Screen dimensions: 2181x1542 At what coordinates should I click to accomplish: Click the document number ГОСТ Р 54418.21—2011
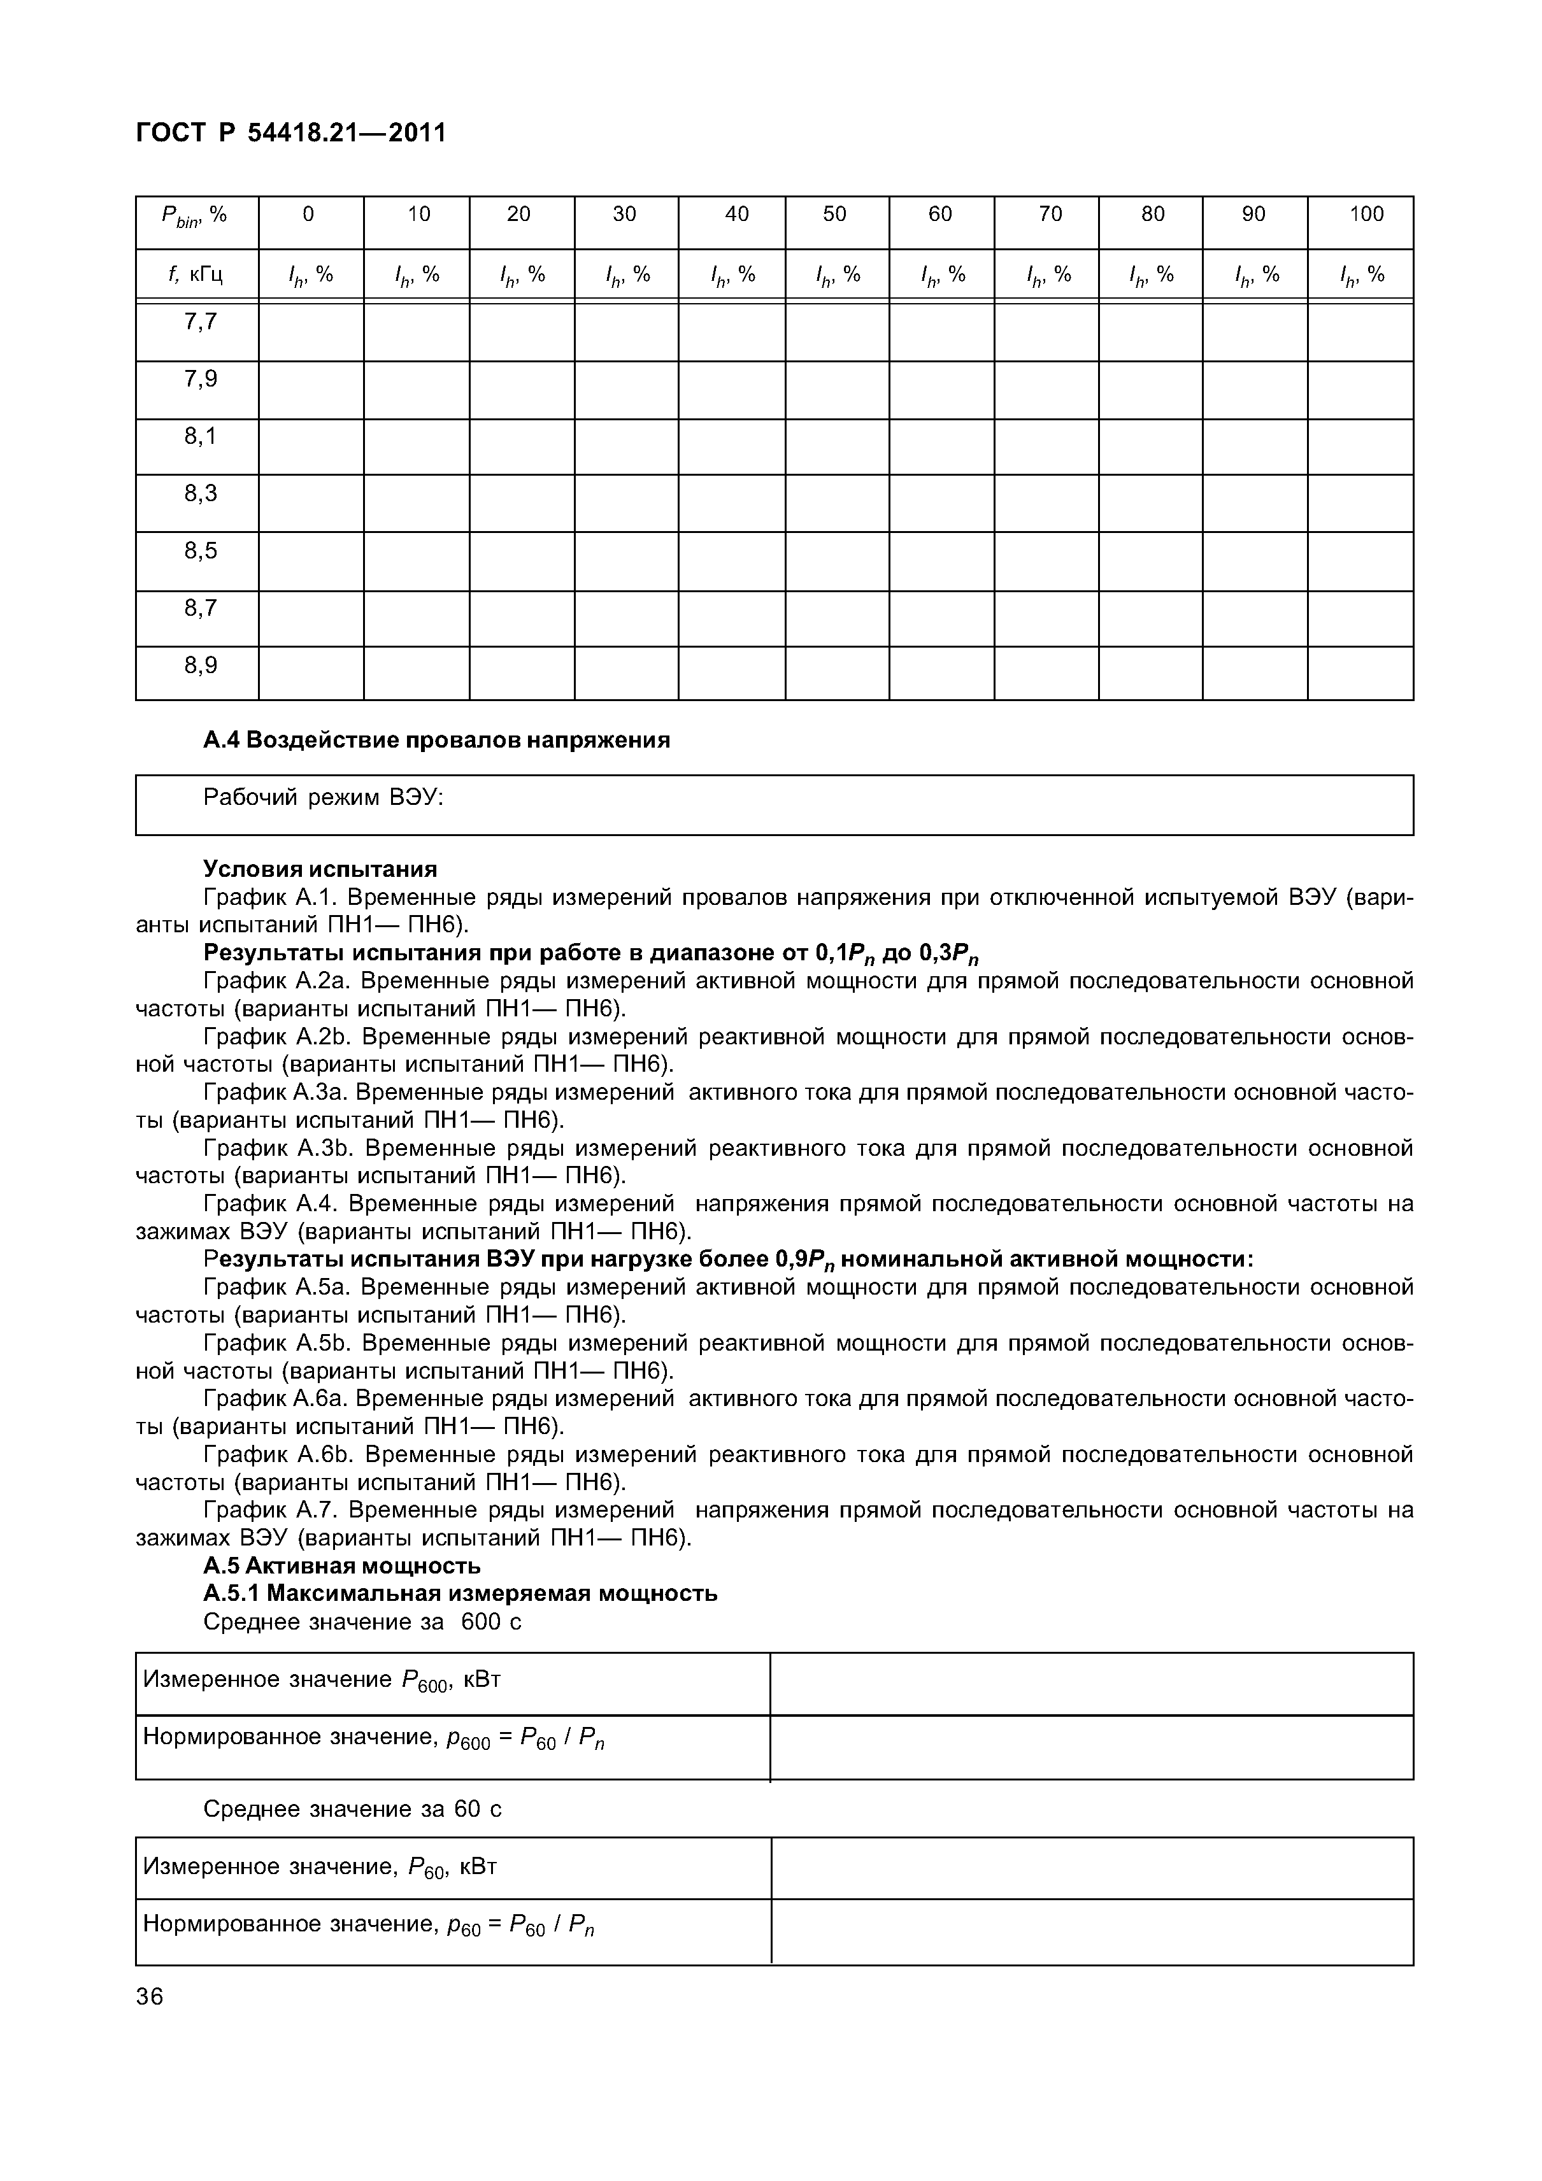click(290, 133)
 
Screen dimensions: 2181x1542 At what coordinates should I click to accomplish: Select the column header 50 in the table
click(834, 215)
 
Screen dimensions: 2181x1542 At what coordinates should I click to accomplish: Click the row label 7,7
click(201, 322)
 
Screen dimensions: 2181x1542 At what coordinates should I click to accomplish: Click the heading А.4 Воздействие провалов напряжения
click(436, 740)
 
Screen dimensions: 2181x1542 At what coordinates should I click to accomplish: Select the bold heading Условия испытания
click(320, 869)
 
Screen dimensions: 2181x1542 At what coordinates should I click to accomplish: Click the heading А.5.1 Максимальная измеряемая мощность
click(460, 1593)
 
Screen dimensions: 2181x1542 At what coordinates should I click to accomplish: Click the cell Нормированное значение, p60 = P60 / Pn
click(369, 1926)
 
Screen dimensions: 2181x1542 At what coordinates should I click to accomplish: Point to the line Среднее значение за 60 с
click(352, 1810)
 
